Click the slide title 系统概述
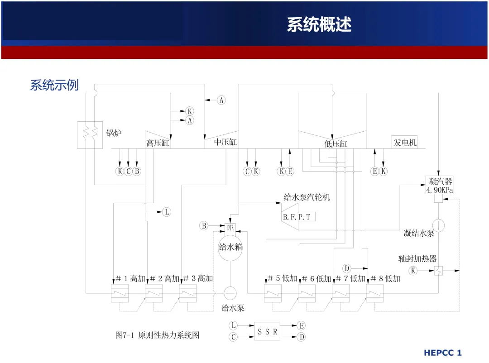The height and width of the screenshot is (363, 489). coord(319,24)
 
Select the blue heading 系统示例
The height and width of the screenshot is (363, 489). coord(54,85)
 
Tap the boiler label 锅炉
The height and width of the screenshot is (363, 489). coord(114,133)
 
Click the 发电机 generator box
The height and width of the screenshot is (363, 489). coord(404,142)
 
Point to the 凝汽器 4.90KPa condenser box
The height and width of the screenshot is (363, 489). coord(439,185)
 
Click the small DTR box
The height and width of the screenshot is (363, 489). coord(230,228)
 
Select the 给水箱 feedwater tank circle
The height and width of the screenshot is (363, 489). coord(230,248)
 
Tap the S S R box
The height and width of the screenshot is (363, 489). coord(267,331)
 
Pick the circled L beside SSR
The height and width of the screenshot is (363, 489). coord(233,325)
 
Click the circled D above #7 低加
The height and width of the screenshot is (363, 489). coord(346,268)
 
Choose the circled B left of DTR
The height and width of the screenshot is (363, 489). coord(204,225)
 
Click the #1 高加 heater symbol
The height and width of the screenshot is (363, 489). coord(120,293)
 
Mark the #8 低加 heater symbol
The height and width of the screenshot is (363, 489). coord(374,293)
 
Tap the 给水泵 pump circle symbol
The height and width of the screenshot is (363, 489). coord(230,293)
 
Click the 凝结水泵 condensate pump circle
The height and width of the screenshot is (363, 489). coord(438,225)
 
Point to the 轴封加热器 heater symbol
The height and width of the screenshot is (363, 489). coord(438,271)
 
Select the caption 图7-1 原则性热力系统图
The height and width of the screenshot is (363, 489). coord(157,335)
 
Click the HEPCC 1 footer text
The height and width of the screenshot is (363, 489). coord(442,353)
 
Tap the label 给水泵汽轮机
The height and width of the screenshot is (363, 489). coord(307,197)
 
